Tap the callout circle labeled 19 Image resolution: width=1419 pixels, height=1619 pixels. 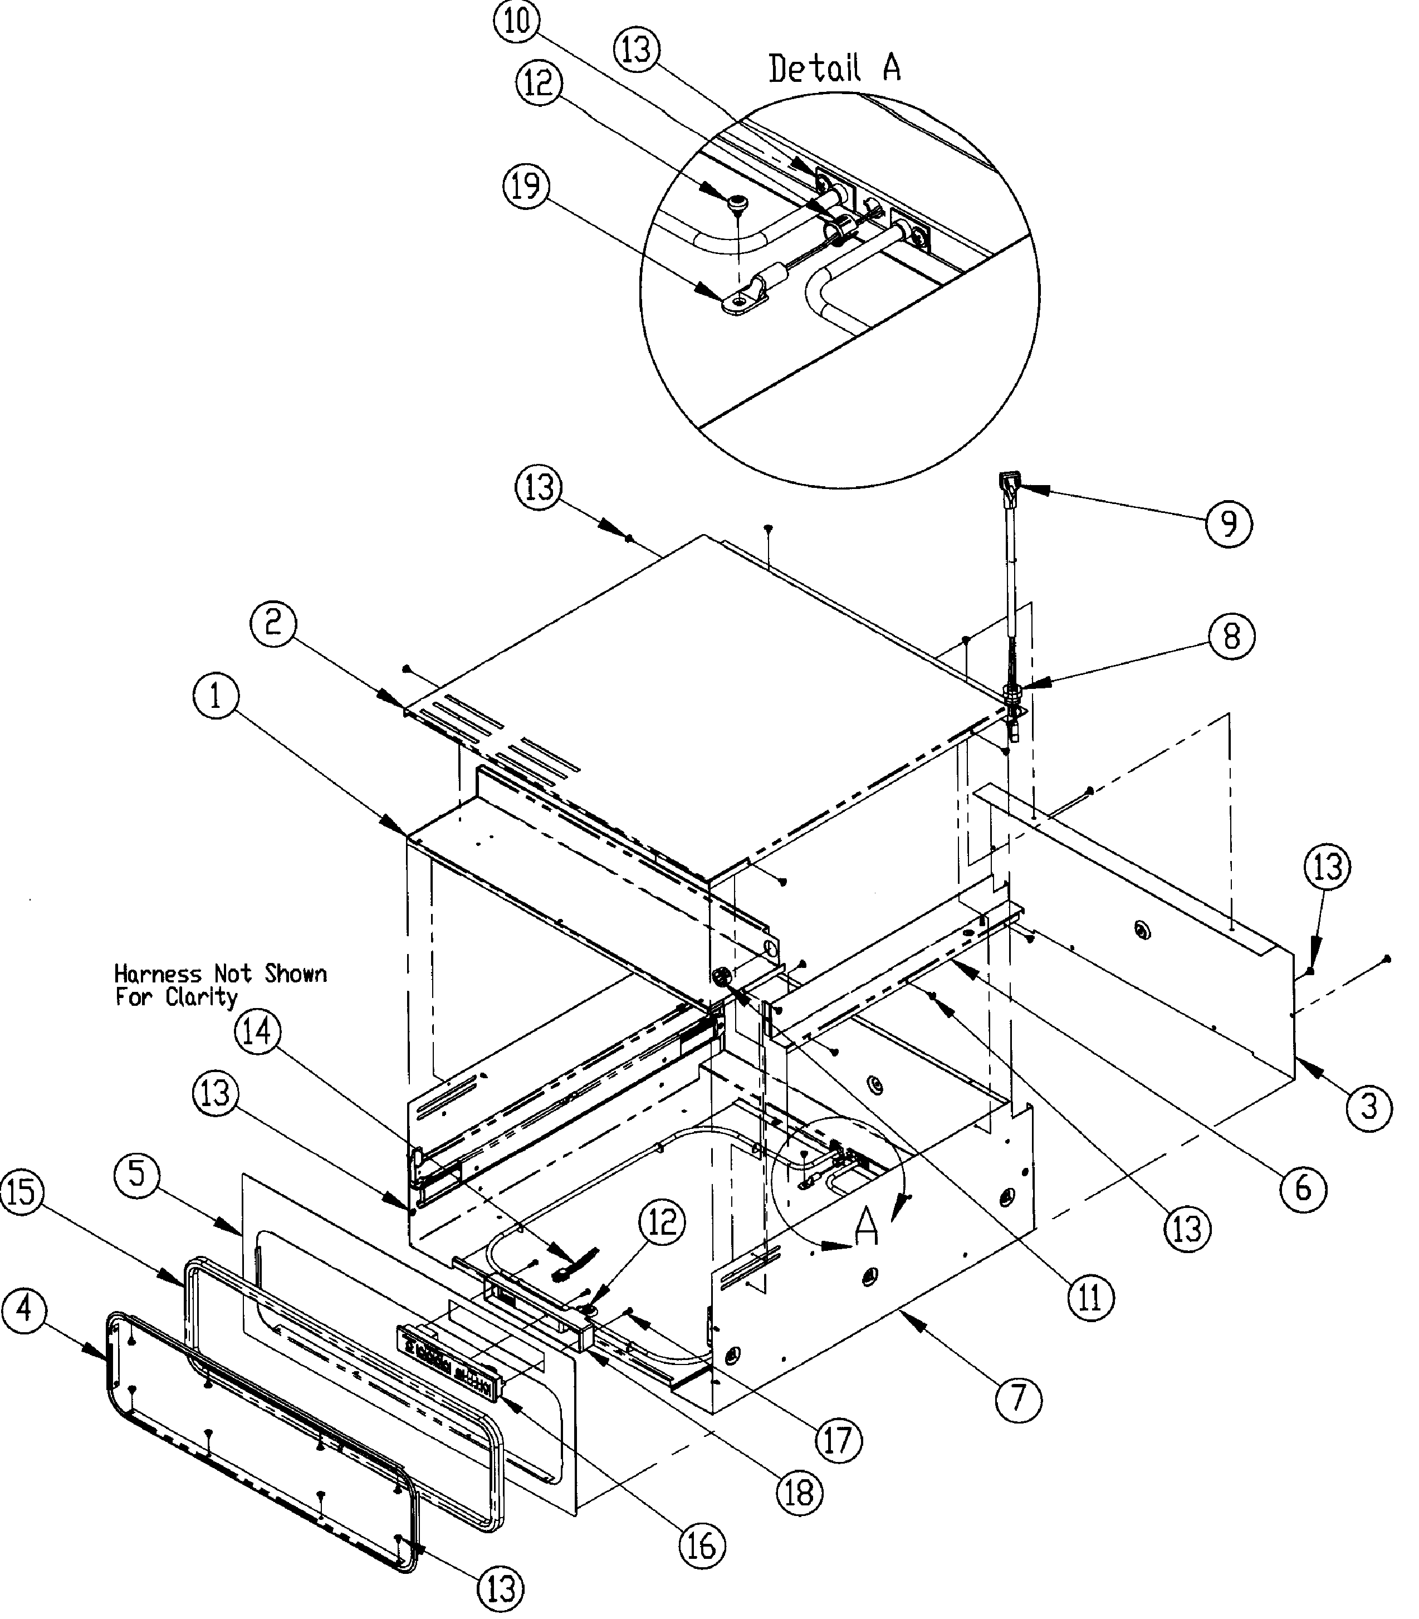point(527,186)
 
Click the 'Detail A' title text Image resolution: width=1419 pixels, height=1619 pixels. point(835,69)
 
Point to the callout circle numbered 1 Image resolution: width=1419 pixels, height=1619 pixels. point(216,697)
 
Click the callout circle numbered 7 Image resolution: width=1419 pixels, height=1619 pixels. point(1019,1399)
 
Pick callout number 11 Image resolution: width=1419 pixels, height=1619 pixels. point(1090,1298)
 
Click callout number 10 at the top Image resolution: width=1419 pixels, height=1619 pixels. point(516,21)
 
